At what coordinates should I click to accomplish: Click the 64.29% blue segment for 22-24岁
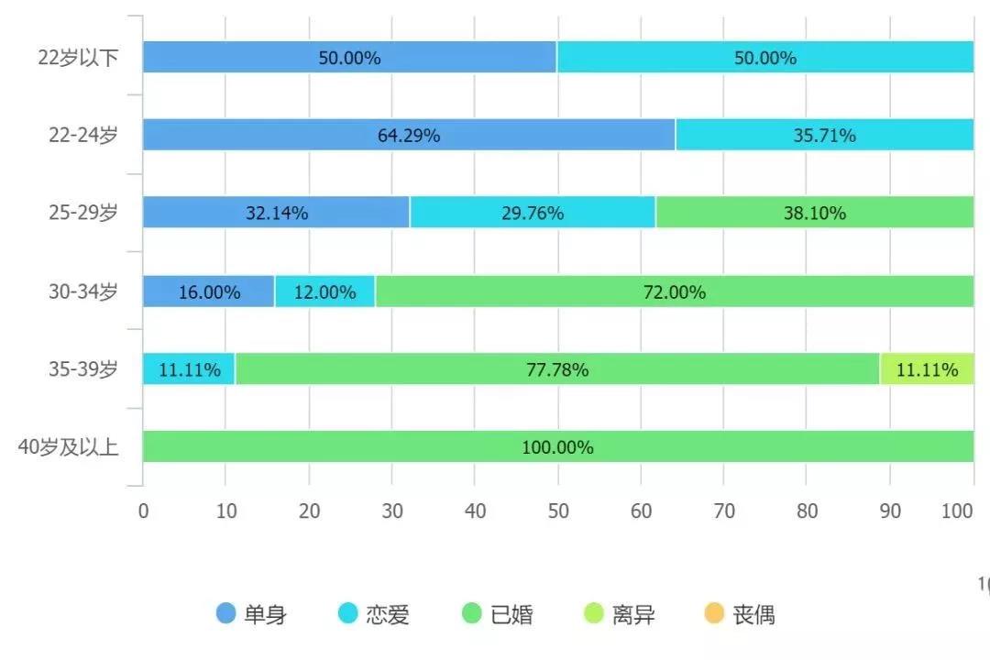[409, 135]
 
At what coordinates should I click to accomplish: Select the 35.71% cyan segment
[824, 135]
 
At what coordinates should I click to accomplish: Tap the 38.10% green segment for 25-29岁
[815, 213]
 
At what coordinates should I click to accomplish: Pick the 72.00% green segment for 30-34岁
[674, 292]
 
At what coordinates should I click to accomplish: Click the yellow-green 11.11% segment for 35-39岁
[927, 369]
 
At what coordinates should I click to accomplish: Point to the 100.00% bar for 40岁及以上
[557, 447]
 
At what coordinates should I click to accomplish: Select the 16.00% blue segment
[209, 292]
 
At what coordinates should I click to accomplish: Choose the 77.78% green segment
[557, 369]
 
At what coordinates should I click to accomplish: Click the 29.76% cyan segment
[533, 213]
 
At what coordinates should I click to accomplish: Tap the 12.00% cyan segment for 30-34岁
[324, 292]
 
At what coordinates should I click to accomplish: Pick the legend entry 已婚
[498, 614]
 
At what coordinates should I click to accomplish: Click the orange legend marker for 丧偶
[715, 613]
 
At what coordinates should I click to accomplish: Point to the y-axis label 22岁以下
[79, 58]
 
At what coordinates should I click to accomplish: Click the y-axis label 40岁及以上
[69, 448]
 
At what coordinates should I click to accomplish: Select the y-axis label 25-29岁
[83, 214]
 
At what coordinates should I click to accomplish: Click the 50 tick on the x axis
[557, 511]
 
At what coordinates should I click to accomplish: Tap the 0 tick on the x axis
[143, 511]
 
